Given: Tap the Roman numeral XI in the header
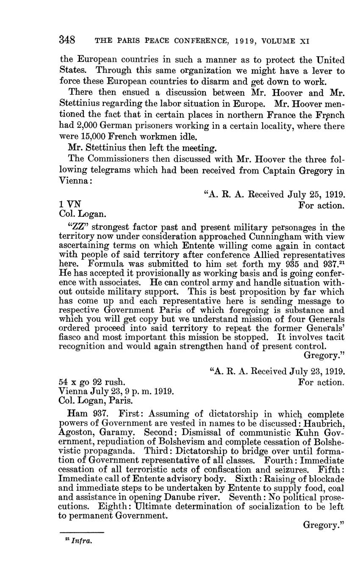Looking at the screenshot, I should tap(304, 41).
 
